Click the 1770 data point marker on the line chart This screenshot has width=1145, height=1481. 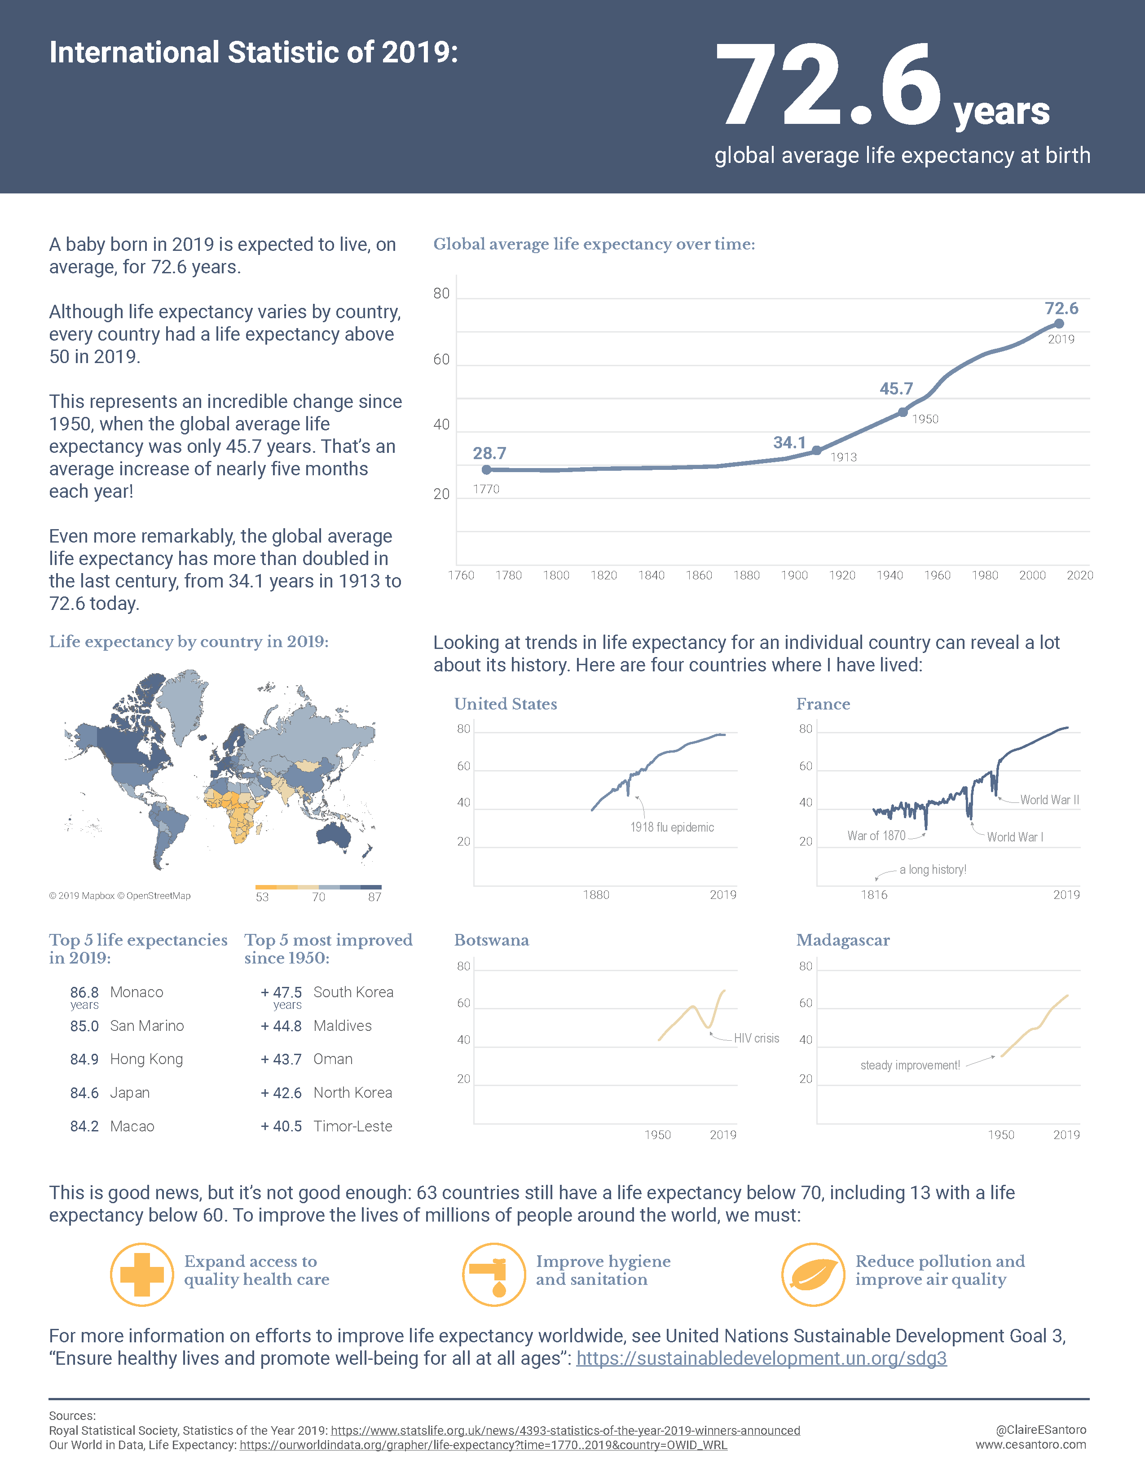tap(486, 469)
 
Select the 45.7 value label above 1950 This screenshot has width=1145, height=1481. tap(896, 389)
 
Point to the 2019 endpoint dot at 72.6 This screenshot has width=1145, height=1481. tap(1059, 324)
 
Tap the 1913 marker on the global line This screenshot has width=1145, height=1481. tap(817, 450)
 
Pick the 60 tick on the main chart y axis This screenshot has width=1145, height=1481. tap(441, 359)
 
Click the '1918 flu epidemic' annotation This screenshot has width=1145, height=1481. tap(672, 827)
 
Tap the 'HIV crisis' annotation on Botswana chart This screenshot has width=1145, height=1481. tap(756, 1038)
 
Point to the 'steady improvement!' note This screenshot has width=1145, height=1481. tap(910, 1065)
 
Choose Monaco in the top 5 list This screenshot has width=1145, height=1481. tap(137, 992)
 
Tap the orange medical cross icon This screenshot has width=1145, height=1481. tap(142, 1275)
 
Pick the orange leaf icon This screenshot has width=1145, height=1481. tap(813, 1275)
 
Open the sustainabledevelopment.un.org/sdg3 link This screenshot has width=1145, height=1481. tap(761, 1359)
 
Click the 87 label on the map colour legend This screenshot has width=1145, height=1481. tap(374, 897)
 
